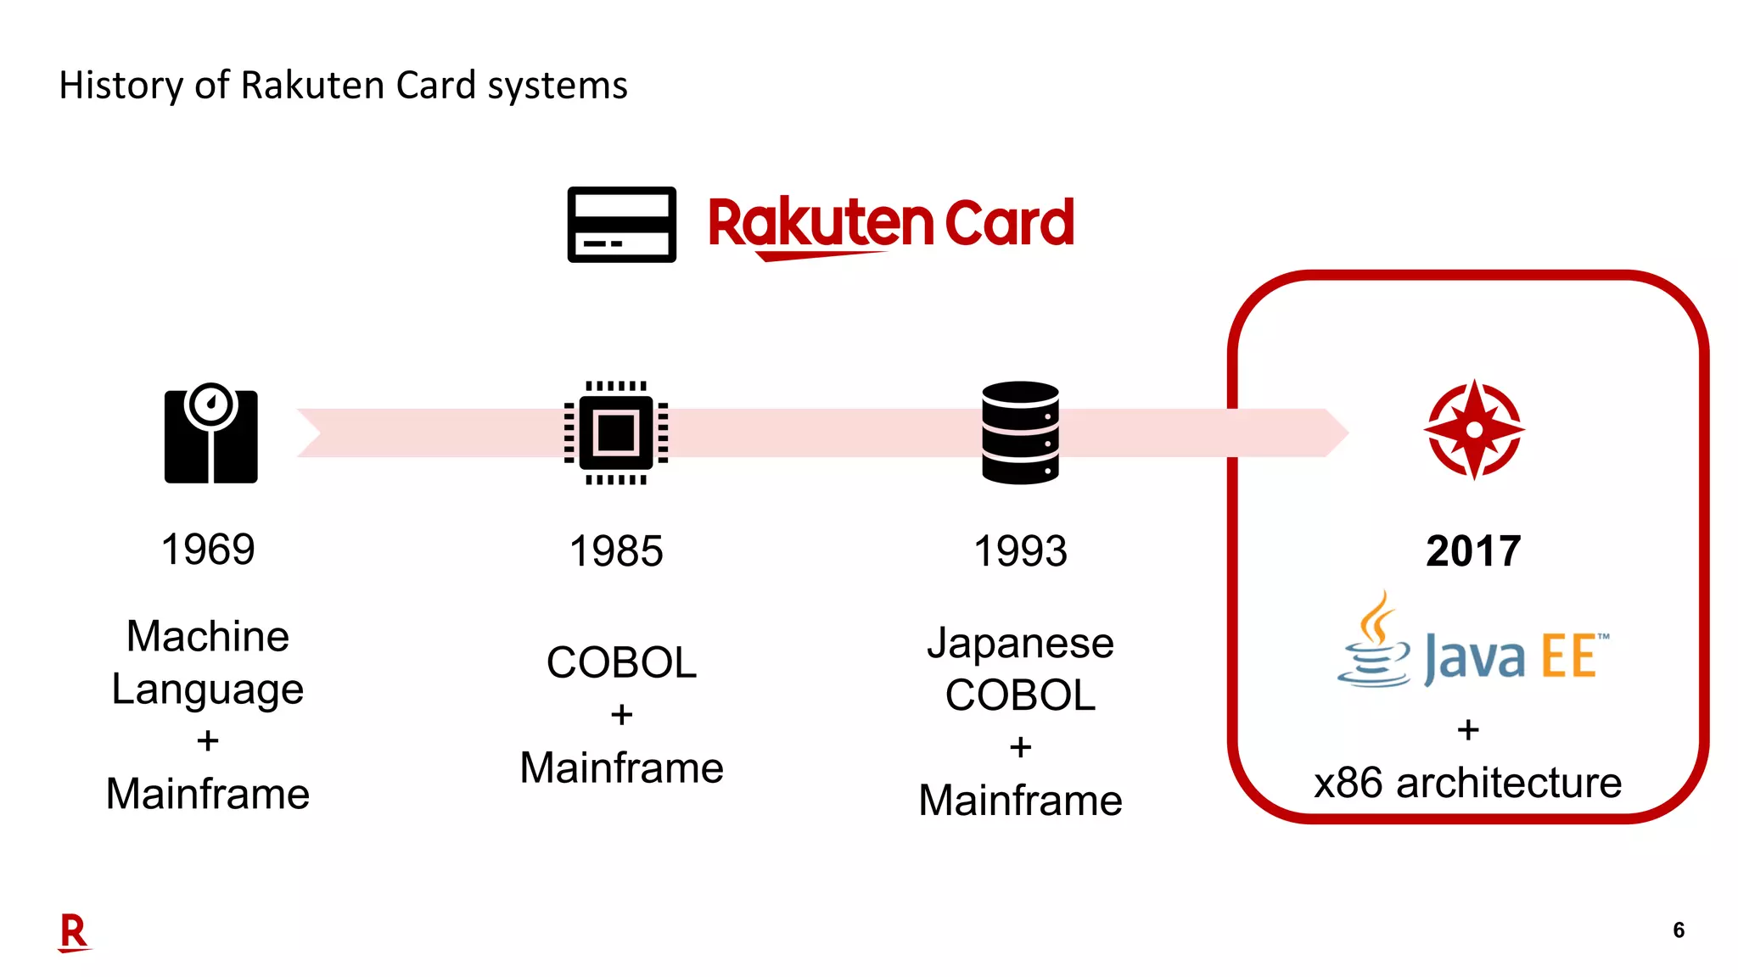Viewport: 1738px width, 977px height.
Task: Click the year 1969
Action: (x=208, y=550)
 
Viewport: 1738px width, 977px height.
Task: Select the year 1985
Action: (x=616, y=551)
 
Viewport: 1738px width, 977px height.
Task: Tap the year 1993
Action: (x=1020, y=551)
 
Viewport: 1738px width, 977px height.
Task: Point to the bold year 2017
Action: (x=1473, y=551)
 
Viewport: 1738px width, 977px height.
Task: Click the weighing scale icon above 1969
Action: (x=210, y=433)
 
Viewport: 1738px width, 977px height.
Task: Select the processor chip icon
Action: (x=616, y=433)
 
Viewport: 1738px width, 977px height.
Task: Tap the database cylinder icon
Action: (x=1020, y=433)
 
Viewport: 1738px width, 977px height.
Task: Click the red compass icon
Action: (x=1474, y=430)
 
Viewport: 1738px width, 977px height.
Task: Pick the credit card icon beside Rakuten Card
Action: (x=621, y=225)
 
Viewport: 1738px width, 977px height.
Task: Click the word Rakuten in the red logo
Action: (x=819, y=223)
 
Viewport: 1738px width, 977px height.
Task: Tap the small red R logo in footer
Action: (x=74, y=933)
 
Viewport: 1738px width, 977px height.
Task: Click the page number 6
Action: (x=1678, y=930)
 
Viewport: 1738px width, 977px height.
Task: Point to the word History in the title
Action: (x=121, y=86)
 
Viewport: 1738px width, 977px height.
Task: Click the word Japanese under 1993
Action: (x=1020, y=643)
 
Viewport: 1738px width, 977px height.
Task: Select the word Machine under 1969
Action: (x=208, y=636)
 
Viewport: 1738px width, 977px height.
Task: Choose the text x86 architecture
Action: (x=1467, y=783)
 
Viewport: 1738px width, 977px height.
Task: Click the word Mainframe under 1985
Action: (x=621, y=768)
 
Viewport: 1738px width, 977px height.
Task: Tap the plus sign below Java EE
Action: (x=1468, y=729)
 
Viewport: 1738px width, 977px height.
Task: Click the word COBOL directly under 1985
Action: (x=621, y=662)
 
